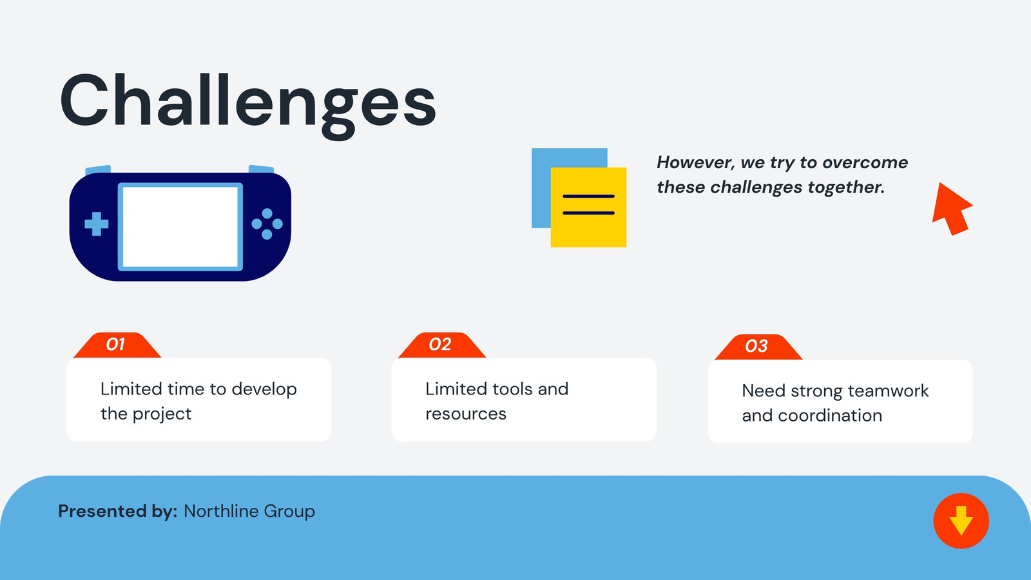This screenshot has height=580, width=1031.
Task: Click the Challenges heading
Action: pyautogui.click(x=247, y=105)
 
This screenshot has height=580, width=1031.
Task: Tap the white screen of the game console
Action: pyautogui.click(x=180, y=226)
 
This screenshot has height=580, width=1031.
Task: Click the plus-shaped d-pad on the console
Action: pyautogui.click(x=97, y=224)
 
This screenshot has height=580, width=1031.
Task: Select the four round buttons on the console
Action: pyautogui.click(x=267, y=224)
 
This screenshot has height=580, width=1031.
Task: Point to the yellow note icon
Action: pyautogui.click(x=588, y=207)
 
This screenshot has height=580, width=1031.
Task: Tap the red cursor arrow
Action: pyautogui.click(x=951, y=208)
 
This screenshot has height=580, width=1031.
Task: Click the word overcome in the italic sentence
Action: pyautogui.click(x=865, y=162)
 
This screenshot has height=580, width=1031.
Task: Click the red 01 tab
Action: pyautogui.click(x=117, y=345)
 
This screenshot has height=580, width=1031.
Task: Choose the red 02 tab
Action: pyautogui.click(x=442, y=345)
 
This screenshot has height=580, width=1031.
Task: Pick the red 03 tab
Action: pyautogui.click(x=758, y=347)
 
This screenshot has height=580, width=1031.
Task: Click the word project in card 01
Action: pyautogui.click(x=162, y=414)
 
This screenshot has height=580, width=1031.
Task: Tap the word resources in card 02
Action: pyautogui.click(x=466, y=414)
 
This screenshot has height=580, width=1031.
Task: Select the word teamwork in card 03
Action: pyautogui.click(x=888, y=391)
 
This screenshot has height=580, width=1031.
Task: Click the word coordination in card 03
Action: pyautogui.click(x=830, y=416)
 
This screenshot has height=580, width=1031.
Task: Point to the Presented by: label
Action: pyautogui.click(x=117, y=512)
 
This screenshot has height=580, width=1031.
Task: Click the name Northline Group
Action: pyautogui.click(x=249, y=512)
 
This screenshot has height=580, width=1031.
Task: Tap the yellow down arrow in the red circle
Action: pyautogui.click(x=961, y=521)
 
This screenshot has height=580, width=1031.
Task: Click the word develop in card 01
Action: pyautogui.click(x=264, y=390)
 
